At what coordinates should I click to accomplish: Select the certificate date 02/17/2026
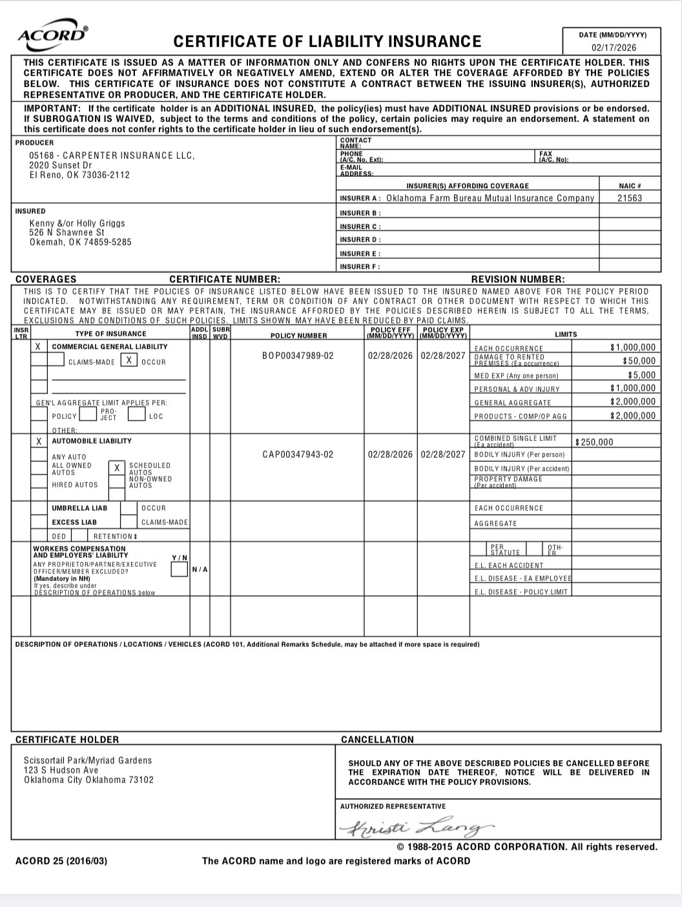pyautogui.click(x=614, y=48)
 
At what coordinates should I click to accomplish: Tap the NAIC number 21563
pyautogui.click(x=630, y=198)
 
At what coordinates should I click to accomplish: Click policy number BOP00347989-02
pyautogui.click(x=298, y=356)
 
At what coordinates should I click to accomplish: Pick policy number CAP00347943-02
pyautogui.click(x=298, y=454)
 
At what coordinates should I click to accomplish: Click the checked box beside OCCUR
pyautogui.click(x=129, y=361)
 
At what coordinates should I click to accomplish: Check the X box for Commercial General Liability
pyautogui.click(x=39, y=347)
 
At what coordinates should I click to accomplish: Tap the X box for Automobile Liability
pyautogui.click(x=39, y=442)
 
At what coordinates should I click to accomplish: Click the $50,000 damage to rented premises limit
pyautogui.click(x=639, y=361)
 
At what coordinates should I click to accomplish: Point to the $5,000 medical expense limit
pyautogui.click(x=641, y=375)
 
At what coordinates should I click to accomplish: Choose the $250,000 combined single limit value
pyautogui.click(x=594, y=442)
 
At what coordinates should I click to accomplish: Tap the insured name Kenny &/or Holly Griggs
pyautogui.click(x=77, y=223)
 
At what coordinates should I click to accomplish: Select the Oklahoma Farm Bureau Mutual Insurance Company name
pyautogui.click(x=490, y=198)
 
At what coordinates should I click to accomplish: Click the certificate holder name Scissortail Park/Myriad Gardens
pyautogui.click(x=88, y=760)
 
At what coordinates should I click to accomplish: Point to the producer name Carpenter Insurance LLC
pyautogui.click(x=111, y=156)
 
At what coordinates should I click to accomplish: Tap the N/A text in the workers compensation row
pyautogui.click(x=200, y=569)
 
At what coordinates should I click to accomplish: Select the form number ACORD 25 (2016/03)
pyautogui.click(x=61, y=861)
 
